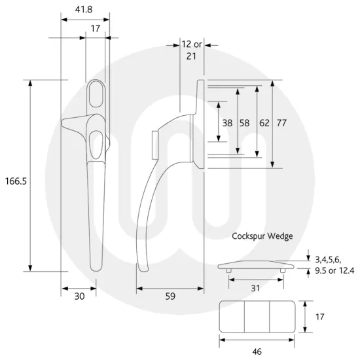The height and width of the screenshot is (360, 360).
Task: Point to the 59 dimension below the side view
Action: pyautogui.click(x=170, y=297)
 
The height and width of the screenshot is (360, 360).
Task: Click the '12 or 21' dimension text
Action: pyautogui.click(x=192, y=50)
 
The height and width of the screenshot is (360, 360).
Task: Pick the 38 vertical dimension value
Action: pyautogui.click(x=227, y=122)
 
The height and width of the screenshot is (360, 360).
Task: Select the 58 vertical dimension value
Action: pyautogui.click(x=245, y=122)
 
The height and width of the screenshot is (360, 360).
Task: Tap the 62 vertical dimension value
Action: pyautogui.click(x=264, y=122)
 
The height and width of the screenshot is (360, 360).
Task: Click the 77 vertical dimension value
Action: pyautogui.click(x=282, y=122)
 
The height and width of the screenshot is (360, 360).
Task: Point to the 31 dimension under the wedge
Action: pyautogui.click(x=257, y=288)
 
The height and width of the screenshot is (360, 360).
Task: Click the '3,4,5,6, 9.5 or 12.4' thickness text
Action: pyautogui.click(x=334, y=265)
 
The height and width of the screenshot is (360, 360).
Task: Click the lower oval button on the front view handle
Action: pyautogui.click(x=97, y=141)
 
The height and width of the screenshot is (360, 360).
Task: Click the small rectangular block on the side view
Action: pyautogui.click(x=154, y=144)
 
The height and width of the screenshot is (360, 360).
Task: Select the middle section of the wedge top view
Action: pyautogui.click(x=257, y=316)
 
